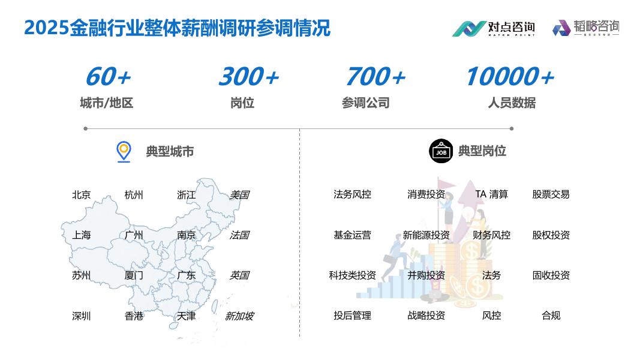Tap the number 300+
(x=248, y=77)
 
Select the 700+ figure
(x=375, y=77)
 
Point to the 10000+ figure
(x=509, y=77)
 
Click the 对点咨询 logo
(x=493, y=28)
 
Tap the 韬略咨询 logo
(x=585, y=28)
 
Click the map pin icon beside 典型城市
(x=124, y=151)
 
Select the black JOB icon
(x=441, y=151)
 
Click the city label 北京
(x=82, y=195)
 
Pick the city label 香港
(x=134, y=316)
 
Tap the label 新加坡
(x=239, y=316)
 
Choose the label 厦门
(x=134, y=275)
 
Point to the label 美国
(x=239, y=195)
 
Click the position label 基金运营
(x=352, y=235)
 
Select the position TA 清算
(x=491, y=194)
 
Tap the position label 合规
(x=551, y=316)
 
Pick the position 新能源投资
(x=426, y=235)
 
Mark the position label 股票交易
(x=551, y=194)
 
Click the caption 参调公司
(x=365, y=103)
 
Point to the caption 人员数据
(x=512, y=103)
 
